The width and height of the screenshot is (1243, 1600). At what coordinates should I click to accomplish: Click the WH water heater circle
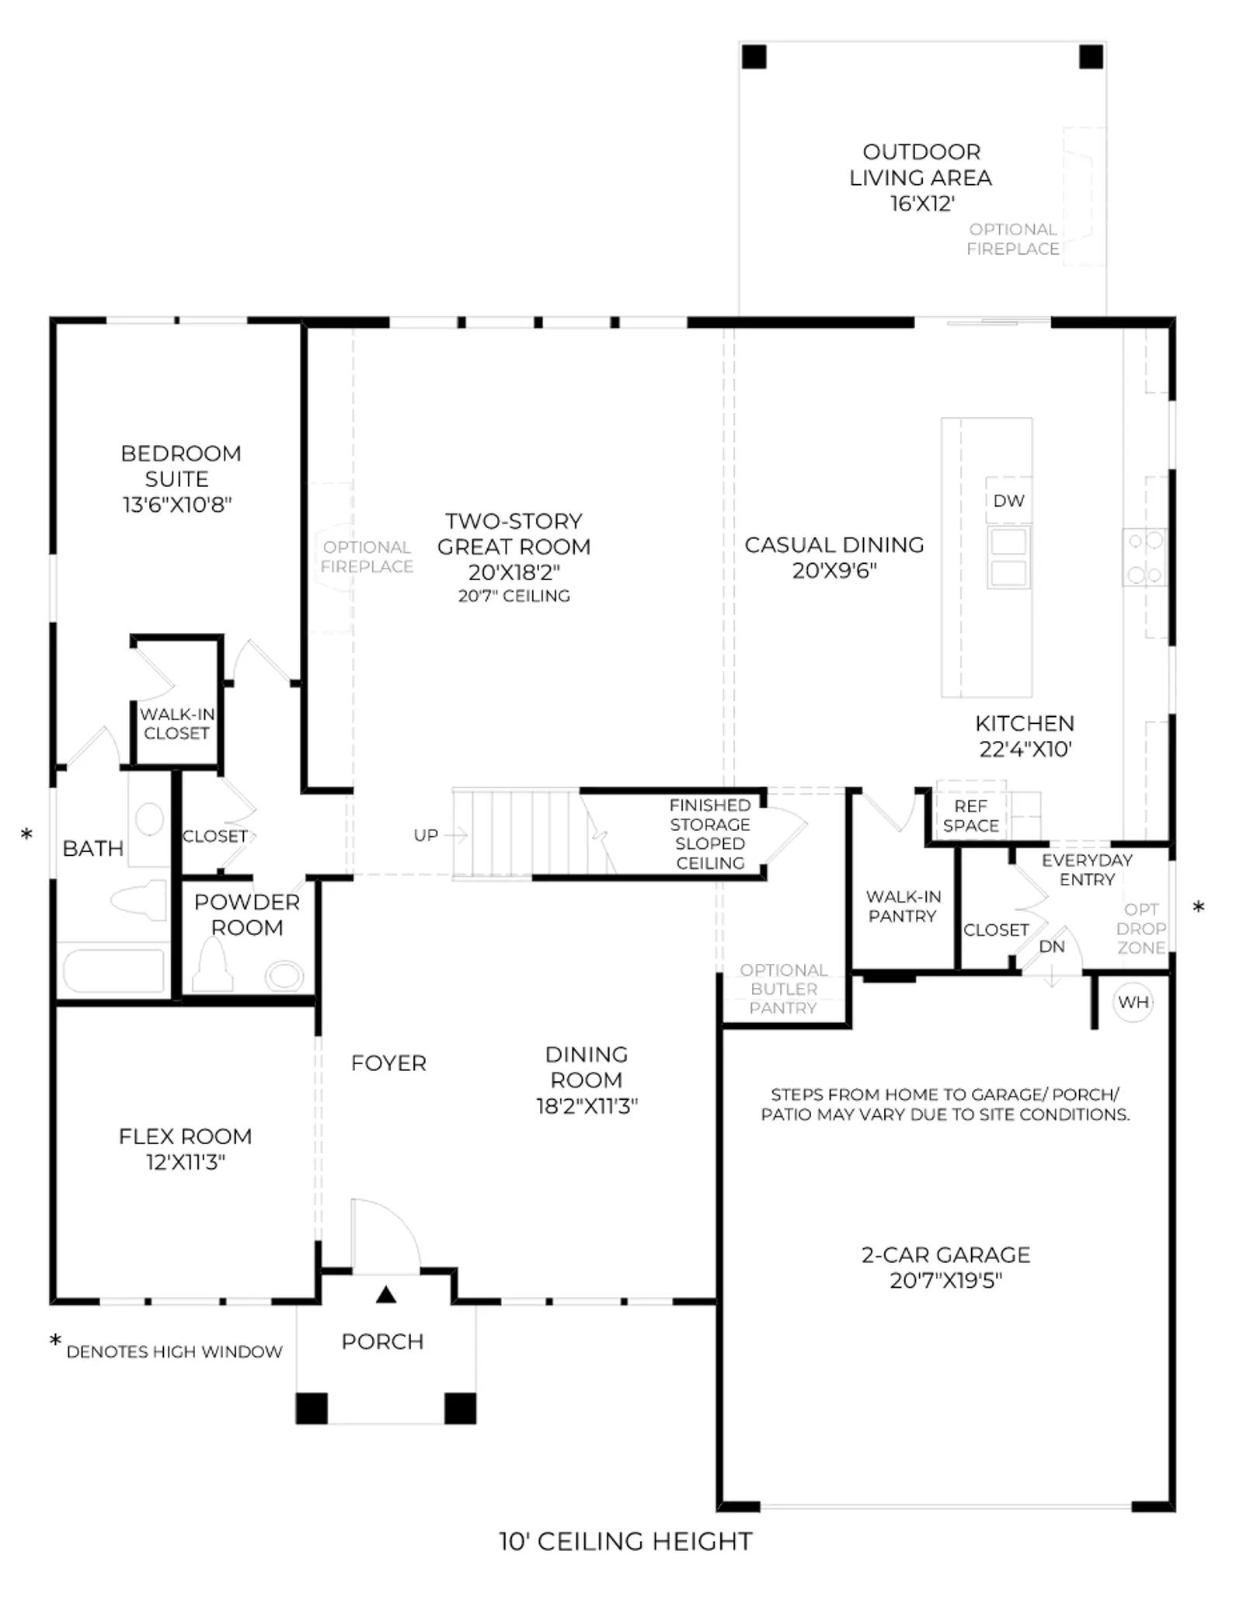click(x=1133, y=1002)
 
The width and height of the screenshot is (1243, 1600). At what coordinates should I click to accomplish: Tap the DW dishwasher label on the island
click(x=1008, y=501)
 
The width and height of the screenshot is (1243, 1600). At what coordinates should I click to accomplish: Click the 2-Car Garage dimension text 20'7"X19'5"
click(x=945, y=1280)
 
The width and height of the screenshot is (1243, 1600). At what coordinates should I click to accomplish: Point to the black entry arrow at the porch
click(x=386, y=1295)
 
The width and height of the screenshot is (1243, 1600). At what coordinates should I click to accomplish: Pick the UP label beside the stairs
click(x=426, y=835)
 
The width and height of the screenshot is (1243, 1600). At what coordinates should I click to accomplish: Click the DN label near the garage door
click(x=1051, y=946)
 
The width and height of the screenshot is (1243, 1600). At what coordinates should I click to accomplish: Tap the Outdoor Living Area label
click(x=921, y=165)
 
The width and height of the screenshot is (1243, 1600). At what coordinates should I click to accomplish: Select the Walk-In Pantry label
click(x=903, y=906)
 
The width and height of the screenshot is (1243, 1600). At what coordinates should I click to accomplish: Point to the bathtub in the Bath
click(x=113, y=969)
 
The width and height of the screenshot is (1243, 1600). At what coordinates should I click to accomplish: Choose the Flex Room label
click(x=185, y=1136)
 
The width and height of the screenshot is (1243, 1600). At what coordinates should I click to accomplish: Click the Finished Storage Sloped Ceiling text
click(x=710, y=834)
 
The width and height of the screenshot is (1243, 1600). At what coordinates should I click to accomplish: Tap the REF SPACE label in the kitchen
click(x=970, y=816)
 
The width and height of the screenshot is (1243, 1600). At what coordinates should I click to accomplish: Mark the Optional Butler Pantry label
click(x=783, y=989)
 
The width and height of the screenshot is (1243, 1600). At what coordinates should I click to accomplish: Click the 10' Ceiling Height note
click(x=625, y=1542)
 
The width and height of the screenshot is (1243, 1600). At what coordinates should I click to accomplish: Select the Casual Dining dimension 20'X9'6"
click(x=834, y=571)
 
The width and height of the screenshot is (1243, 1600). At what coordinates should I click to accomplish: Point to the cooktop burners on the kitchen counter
click(x=1144, y=557)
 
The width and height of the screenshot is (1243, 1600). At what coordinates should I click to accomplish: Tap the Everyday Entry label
click(x=1087, y=870)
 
